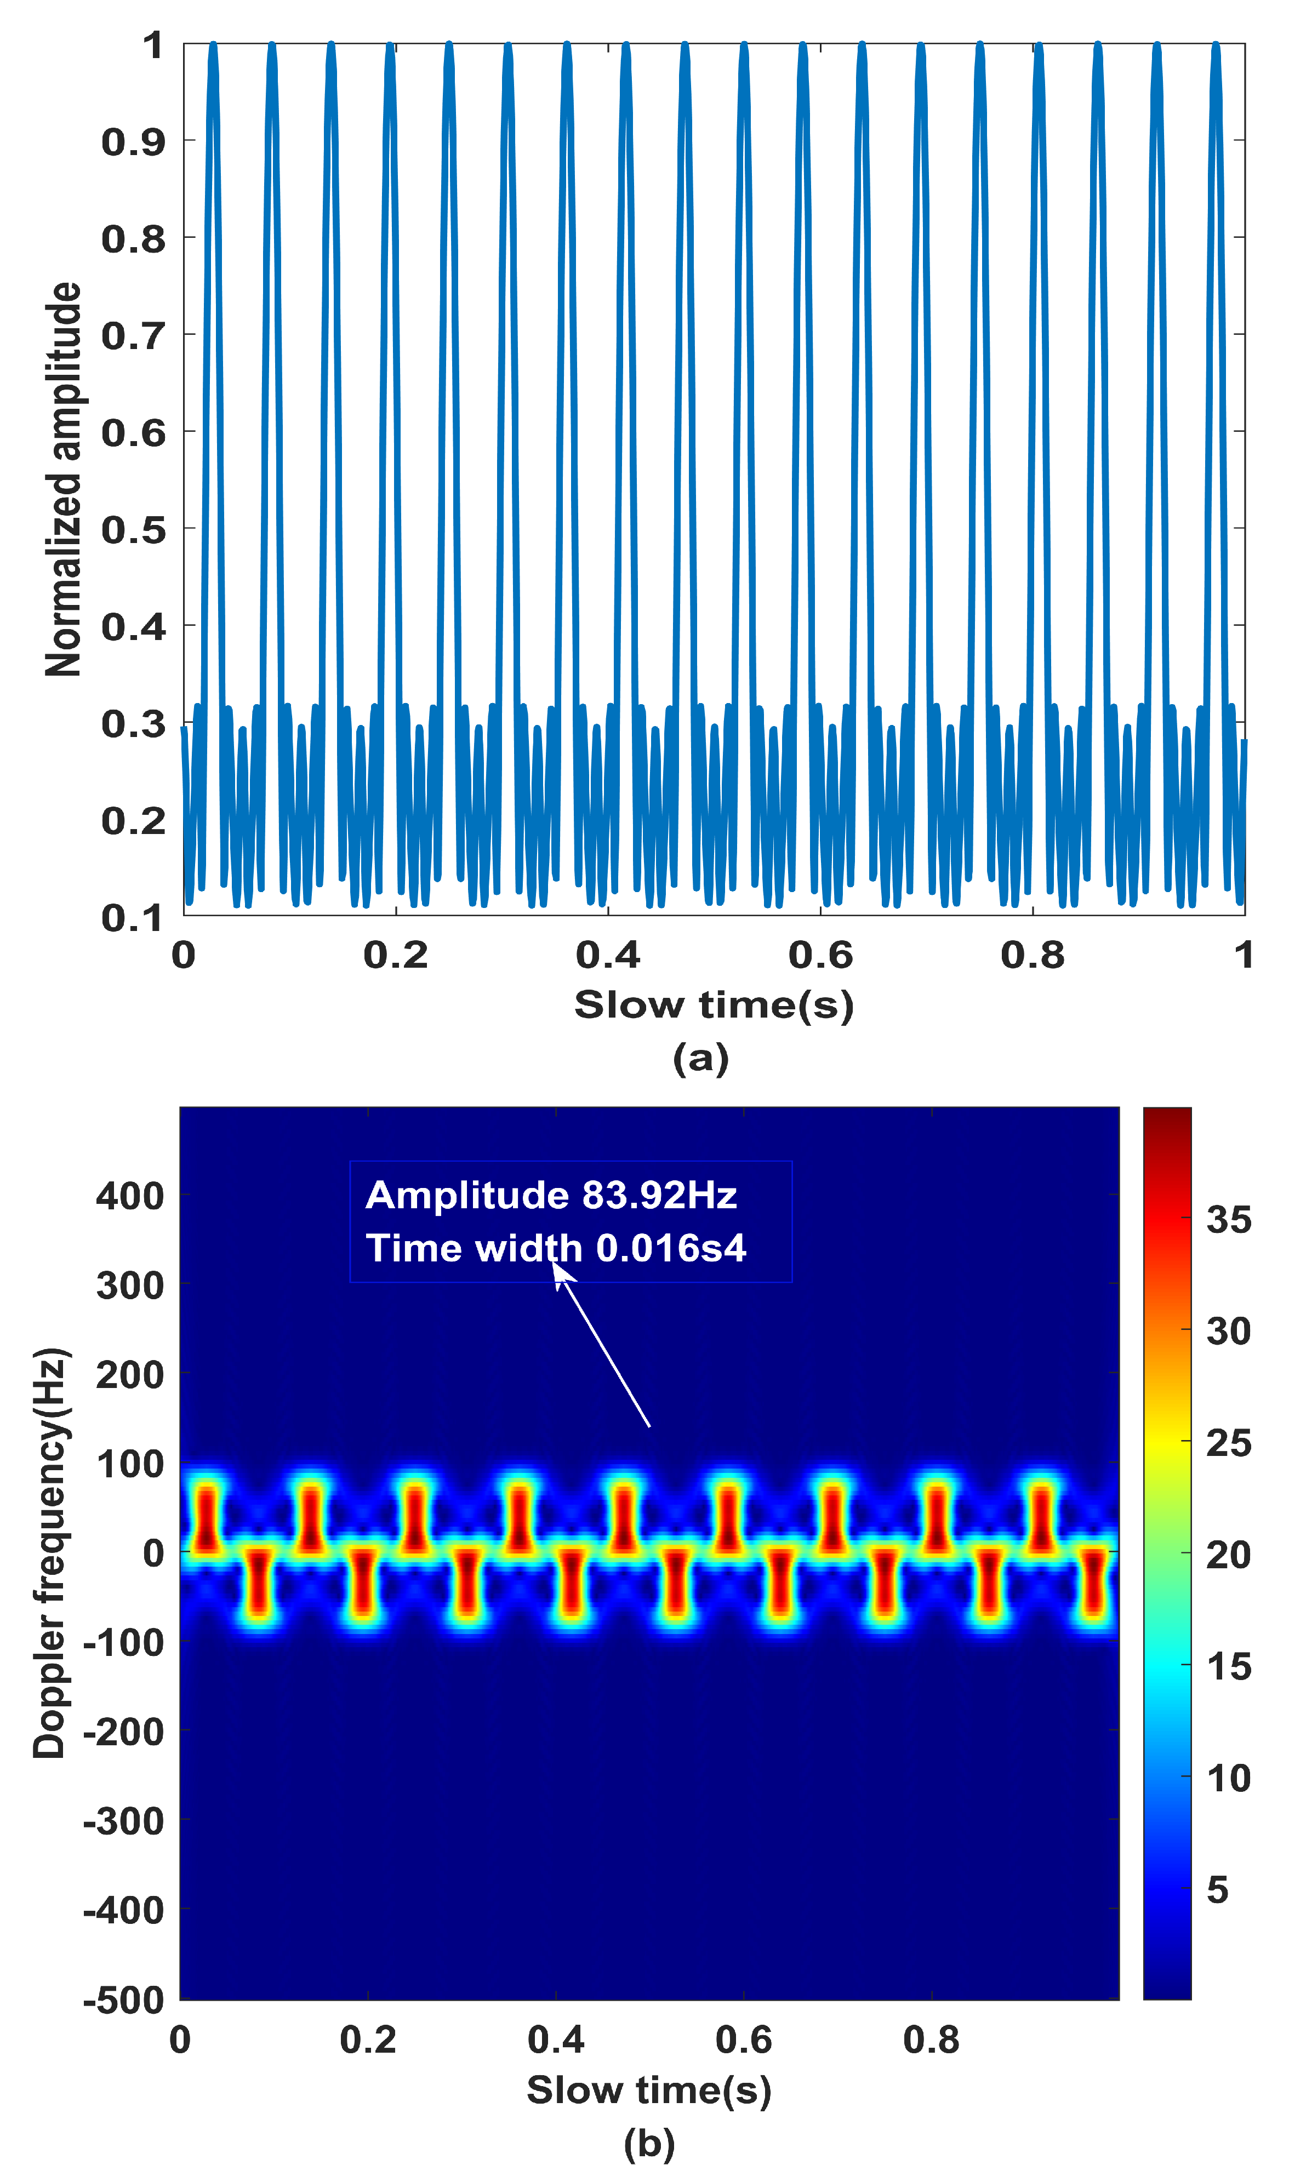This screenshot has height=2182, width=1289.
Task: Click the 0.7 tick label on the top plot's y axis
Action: (x=133, y=335)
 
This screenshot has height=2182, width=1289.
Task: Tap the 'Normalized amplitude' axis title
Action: (x=64, y=479)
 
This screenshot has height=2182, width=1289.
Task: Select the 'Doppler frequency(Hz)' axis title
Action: (x=50, y=1553)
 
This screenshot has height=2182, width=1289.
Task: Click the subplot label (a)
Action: (x=700, y=1058)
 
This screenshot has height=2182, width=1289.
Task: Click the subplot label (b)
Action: (x=649, y=2144)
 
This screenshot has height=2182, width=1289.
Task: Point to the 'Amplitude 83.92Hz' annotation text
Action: (x=551, y=1196)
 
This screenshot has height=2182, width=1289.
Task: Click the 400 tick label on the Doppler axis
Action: (x=129, y=1197)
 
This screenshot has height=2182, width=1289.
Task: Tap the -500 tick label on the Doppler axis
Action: (x=123, y=2001)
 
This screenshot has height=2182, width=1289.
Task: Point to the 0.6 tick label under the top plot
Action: (x=820, y=955)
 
